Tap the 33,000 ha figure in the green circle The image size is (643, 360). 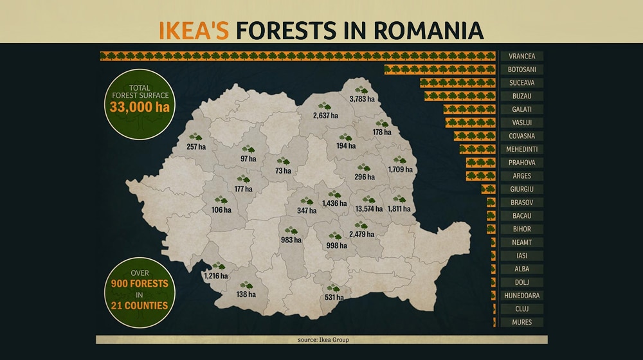(x=140, y=107)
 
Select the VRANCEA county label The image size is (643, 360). (x=521, y=57)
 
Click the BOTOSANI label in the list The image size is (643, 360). (x=521, y=69)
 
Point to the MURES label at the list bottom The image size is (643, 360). (x=521, y=322)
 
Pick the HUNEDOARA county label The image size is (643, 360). (x=521, y=296)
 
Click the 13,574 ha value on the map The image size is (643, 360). (x=368, y=209)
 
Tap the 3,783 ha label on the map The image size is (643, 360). (x=361, y=99)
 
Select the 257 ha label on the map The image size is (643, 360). (x=196, y=147)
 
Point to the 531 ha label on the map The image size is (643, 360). (x=334, y=298)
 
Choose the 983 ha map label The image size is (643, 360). (x=291, y=240)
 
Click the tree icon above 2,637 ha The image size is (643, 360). (x=324, y=107)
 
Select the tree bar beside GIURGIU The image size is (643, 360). (x=489, y=189)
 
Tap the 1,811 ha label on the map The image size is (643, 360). (x=399, y=209)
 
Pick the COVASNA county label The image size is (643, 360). (x=521, y=136)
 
